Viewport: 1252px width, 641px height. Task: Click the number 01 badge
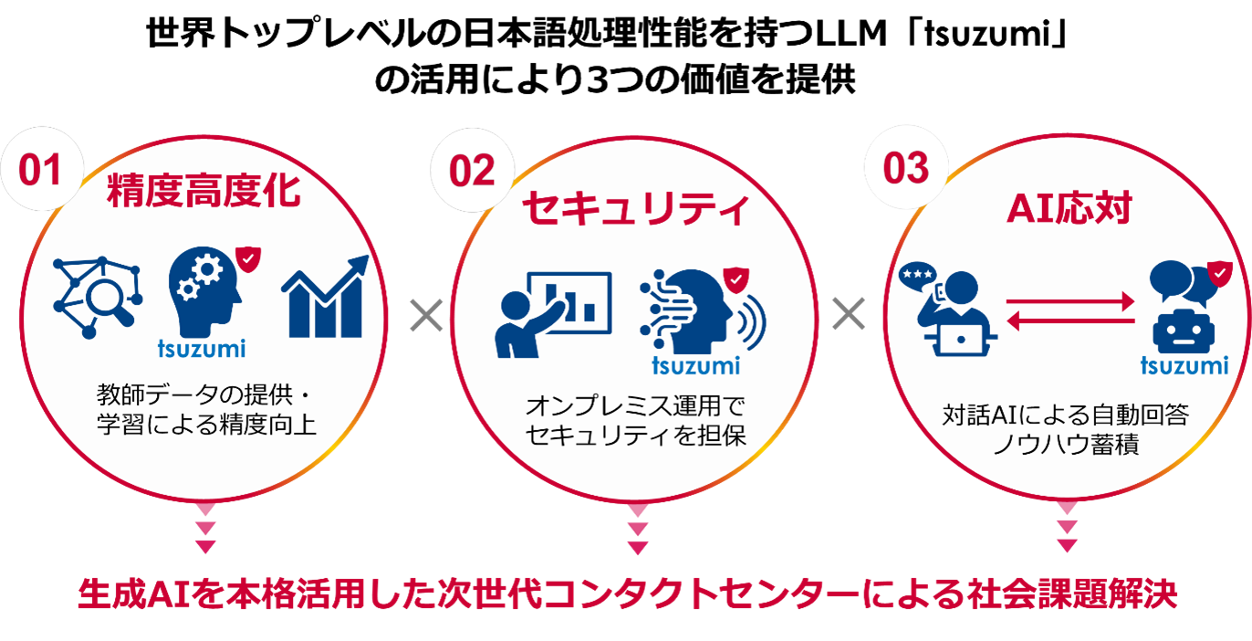(x=40, y=171)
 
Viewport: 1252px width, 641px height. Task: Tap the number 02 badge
(x=473, y=171)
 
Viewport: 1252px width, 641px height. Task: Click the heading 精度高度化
(x=203, y=193)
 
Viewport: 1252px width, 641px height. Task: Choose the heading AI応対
(x=1068, y=209)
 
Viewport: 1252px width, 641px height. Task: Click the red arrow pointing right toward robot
(x=1069, y=299)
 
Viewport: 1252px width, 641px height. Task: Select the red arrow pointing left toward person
(x=1069, y=319)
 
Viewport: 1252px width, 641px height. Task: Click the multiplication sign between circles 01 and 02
(x=425, y=316)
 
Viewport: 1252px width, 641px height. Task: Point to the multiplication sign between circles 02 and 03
(x=848, y=315)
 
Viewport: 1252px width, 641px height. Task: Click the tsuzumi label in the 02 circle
(x=696, y=367)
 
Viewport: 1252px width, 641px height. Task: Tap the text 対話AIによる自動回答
(x=1066, y=416)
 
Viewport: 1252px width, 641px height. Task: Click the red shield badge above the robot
(x=1218, y=271)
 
